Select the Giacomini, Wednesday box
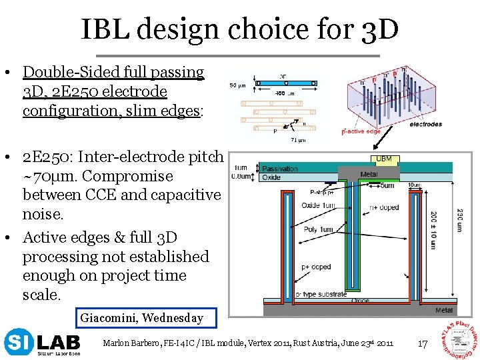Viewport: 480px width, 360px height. click(x=141, y=318)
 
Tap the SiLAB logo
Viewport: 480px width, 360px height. click(x=42, y=343)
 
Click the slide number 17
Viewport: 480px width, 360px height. click(x=421, y=344)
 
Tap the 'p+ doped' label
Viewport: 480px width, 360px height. click(x=316, y=267)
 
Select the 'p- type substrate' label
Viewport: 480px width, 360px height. click(x=321, y=294)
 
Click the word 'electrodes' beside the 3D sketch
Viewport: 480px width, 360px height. click(x=425, y=124)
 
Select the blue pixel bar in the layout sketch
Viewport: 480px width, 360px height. click(x=287, y=83)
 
